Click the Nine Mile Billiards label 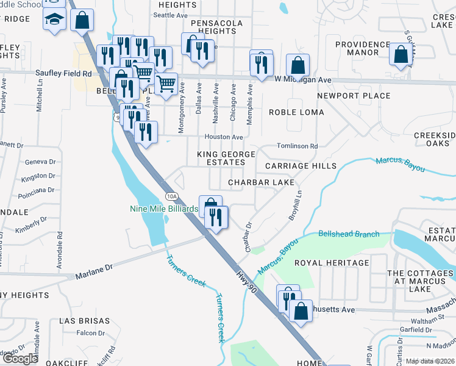tap(163, 209)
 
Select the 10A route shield tap(171, 196)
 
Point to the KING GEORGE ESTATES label tap(221, 159)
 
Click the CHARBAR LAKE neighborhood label tap(261, 182)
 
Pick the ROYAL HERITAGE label tap(332, 263)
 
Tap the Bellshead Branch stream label tap(349, 234)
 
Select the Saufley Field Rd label tap(63, 73)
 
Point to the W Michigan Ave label tap(302, 80)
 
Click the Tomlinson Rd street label tap(297, 146)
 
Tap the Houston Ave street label tap(223, 137)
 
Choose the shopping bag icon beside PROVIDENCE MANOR tap(401, 55)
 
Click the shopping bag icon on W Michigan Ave tap(297, 65)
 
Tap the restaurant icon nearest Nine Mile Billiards tap(216, 217)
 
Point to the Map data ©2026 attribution tap(430, 361)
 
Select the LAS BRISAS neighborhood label tap(85, 321)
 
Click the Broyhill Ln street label tap(299, 207)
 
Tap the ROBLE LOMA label tap(297, 112)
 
